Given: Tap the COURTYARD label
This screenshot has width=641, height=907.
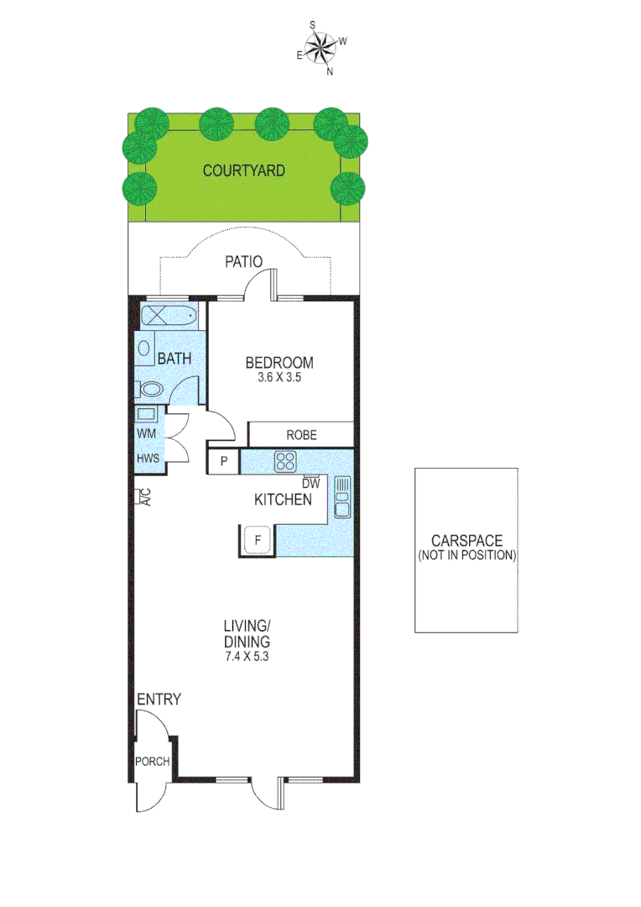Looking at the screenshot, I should pyautogui.click(x=244, y=170).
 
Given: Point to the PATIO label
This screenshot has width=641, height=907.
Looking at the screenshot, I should pyautogui.click(x=244, y=262).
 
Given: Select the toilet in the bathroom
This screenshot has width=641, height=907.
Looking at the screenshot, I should pyautogui.click(x=151, y=389).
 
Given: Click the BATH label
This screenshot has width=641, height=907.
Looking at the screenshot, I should pyautogui.click(x=175, y=359).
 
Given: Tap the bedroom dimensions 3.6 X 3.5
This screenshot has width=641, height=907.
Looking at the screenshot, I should pyautogui.click(x=279, y=378).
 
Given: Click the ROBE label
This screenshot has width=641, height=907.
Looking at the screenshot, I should pyautogui.click(x=300, y=435).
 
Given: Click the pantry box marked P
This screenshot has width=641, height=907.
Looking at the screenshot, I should pyautogui.click(x=224, y=461).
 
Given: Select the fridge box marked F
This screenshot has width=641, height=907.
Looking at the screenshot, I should pyautogui.click(x=258, y=540).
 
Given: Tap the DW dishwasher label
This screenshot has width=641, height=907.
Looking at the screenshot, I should pyautogui.click(x=311, y=483).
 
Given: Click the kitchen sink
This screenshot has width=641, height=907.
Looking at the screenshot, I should pyautogui.click(x=341, y=497).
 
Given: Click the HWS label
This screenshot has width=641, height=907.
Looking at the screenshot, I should pyautogui.click(x=149, y=459).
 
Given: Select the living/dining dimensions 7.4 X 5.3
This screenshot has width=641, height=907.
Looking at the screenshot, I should pyautogui.click(x=246, y=658).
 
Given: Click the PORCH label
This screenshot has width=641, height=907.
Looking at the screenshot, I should pyautogui.click(x=153, y=763).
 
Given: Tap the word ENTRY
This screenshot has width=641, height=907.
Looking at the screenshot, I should pyautogui.click(x=159, y=700).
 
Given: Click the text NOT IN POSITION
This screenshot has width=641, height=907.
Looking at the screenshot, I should pyautogui.click(x=466, y=556).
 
